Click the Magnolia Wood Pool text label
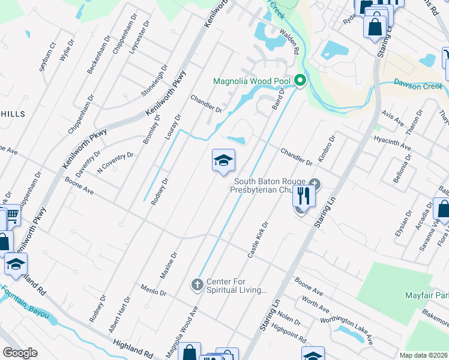[x=252, y=81]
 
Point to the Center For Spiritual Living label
[x=236, y=286]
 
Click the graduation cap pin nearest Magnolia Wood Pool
[x=223, y=161]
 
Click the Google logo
[x=20, y=353]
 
